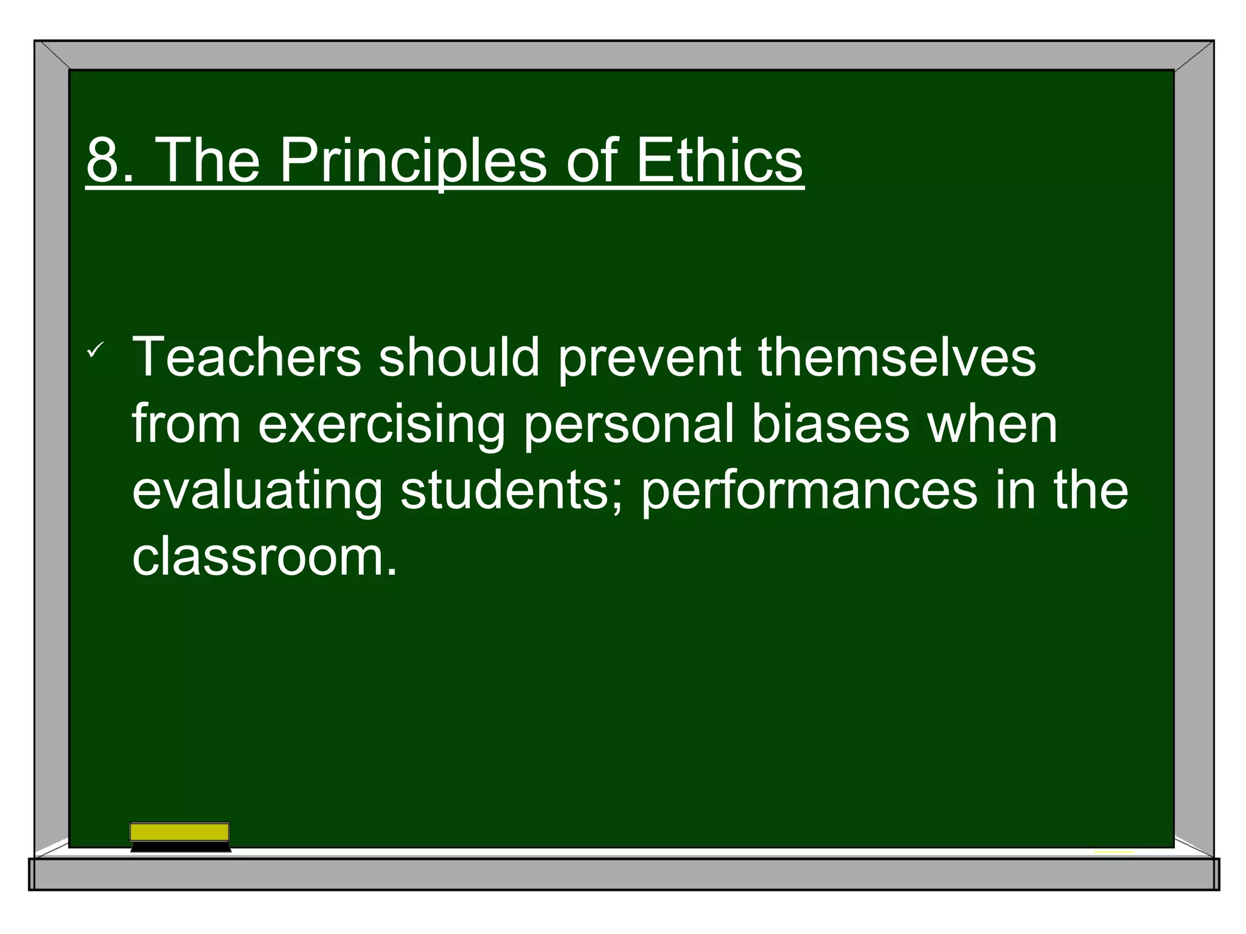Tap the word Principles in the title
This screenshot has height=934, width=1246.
tap(412, 161)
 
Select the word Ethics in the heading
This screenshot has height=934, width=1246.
tap(719, 161)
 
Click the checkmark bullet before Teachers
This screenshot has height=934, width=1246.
tap(96, 350)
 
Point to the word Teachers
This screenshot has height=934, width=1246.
tap(246, 358)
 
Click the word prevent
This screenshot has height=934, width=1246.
tap(649, 358)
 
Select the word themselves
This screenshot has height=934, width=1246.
tap(897, 358)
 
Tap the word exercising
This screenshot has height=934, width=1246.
tap(381, 424)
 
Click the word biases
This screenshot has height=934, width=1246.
tap(830, 424)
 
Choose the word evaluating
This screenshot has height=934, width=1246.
tap(257, 491)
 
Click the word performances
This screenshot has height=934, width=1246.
tap(809, 491)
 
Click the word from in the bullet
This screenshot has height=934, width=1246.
tap(186, 424)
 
